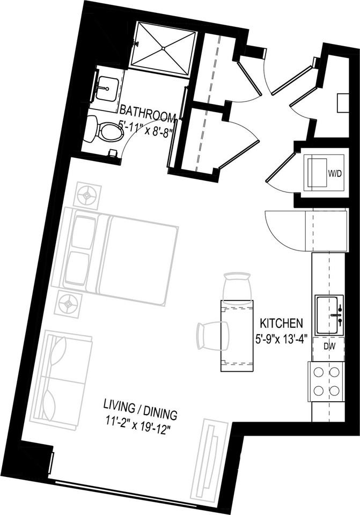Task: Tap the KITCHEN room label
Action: [282, 323]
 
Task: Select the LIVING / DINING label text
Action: [140, 402]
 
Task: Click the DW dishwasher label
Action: [329, 347]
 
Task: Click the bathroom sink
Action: [106, 87]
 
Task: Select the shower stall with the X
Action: [163, 46]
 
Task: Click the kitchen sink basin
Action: [328, 315]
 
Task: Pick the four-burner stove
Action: [326, 380]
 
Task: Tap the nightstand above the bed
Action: [87, 196]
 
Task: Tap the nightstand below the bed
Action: [68, 305]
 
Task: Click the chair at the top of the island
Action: [237, 285]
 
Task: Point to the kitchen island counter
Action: [236, 337]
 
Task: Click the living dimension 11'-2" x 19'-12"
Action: [141, 416]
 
